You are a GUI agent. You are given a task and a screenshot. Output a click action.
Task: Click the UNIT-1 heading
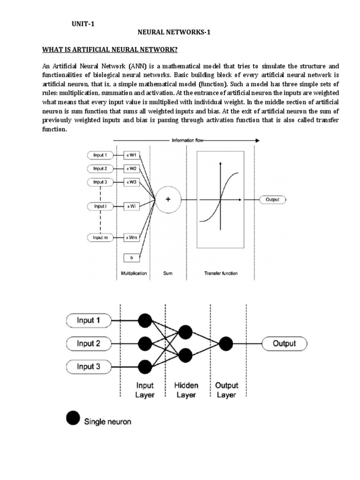click(82, 24)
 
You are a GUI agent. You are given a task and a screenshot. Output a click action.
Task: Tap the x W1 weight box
click(131, 155)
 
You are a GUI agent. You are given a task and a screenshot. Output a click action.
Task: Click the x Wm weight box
click(131, 238)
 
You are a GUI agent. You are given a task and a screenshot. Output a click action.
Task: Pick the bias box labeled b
click(131, 257)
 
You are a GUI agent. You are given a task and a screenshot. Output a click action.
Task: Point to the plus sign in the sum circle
click(168, 199)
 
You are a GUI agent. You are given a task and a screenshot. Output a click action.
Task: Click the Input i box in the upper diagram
click(100, 205)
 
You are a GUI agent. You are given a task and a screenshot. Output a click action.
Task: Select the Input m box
click(100, 238)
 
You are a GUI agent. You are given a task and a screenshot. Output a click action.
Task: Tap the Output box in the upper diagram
click(272, 199)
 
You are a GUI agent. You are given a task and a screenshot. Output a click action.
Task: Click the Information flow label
click(187, 140)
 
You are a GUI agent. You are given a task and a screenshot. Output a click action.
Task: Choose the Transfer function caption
click(221, 273)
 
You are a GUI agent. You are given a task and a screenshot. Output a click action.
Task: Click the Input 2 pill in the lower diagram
click(89, 344)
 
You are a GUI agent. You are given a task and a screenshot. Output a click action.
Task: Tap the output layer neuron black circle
click(226, 344)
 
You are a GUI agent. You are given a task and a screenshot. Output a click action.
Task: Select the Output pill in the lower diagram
click(285, 344)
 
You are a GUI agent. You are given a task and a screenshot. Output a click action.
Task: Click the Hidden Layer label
click(186, 390)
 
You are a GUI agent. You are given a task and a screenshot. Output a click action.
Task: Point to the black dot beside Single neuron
click(73, 419)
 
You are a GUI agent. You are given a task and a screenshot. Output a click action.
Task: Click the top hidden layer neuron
click(186, 333)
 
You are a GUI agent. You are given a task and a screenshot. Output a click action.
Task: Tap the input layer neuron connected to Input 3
click(145, 366)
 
